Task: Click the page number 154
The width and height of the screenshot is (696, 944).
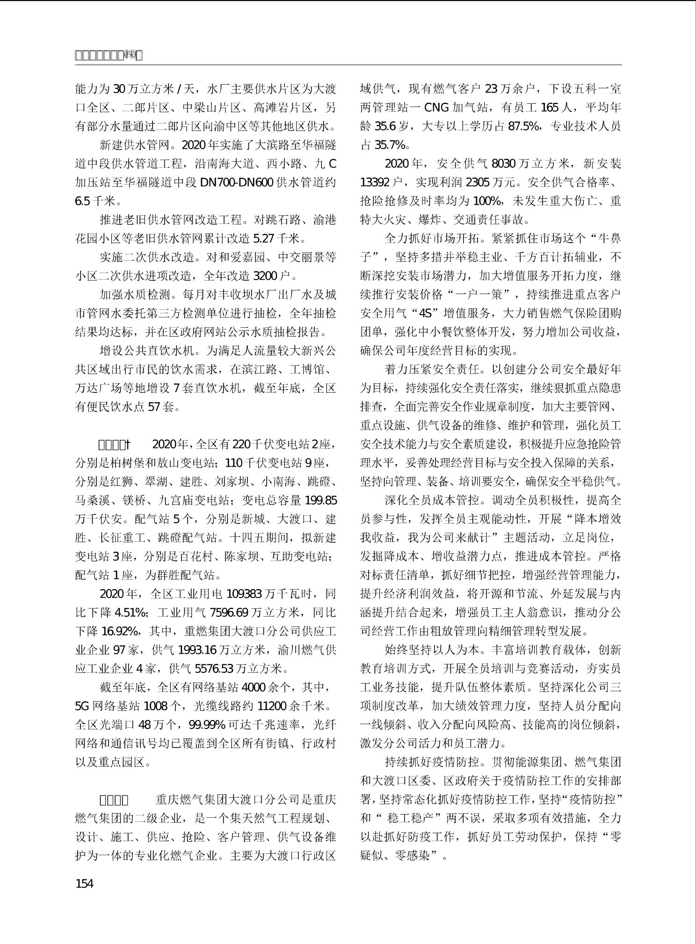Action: pos(84,884)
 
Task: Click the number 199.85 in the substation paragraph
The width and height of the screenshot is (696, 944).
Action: pos(320,500)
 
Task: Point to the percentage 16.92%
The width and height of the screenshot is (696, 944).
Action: pos(120,631)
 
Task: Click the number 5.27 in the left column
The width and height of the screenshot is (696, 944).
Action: pos(263,239)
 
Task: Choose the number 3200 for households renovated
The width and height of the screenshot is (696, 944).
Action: pos(259,276)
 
